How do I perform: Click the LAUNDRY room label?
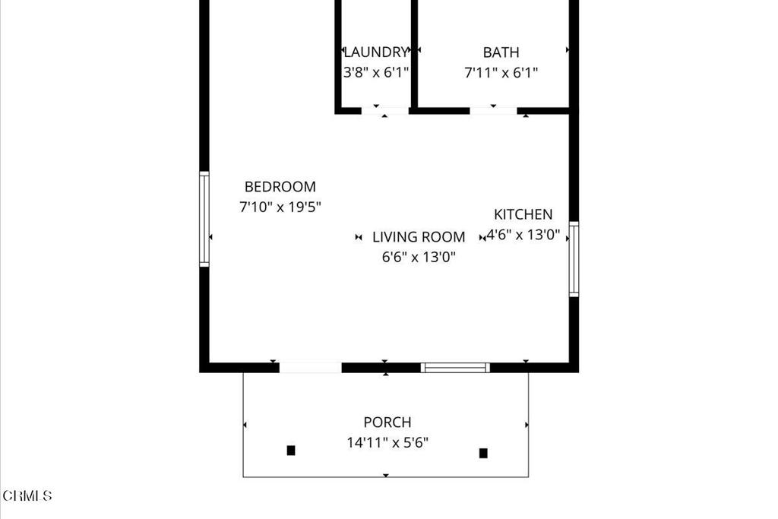pos(376,52)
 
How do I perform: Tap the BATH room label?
pos(501,52)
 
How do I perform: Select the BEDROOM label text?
pos(280,187)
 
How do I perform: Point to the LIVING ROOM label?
pos(419,237)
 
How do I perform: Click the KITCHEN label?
pos(523,214)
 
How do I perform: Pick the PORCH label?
pos(387,422)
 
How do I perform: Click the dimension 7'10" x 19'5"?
pos(280,207)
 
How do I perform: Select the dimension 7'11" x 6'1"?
pos(501,73)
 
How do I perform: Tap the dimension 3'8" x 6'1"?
pos(376,73)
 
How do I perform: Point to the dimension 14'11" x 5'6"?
pos(387,442)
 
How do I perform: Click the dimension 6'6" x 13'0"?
pos(419,257)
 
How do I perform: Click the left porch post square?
pos(291,451)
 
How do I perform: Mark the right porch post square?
pos(483,454)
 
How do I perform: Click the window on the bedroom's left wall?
pos(204,219)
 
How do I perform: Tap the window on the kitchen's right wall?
pos(574,258)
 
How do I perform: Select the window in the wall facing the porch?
pos(455,368)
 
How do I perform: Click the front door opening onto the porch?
pos(310,368)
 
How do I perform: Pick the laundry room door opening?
pos(385,110)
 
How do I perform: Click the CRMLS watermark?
pos(27,496)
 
